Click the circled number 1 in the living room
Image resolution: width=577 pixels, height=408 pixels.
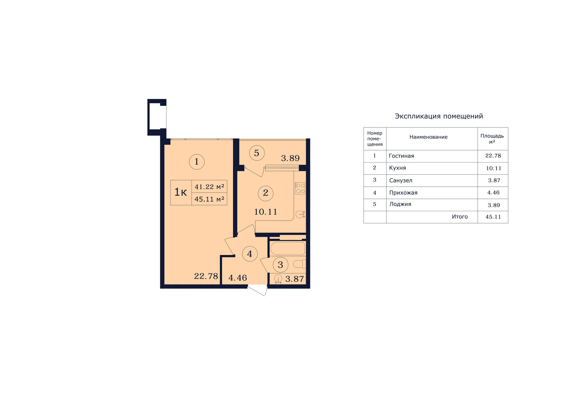pyautogui.click(x=197, y=162)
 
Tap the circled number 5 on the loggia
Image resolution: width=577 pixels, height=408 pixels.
pyautogui.click(x=256, y=153)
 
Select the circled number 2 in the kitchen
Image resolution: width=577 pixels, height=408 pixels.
pyautogui.click(x=266, y=193)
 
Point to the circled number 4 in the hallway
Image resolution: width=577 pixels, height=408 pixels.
pyautogui.click(x=250, y=254)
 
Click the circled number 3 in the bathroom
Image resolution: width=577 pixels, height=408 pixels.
pyautogui.click(x=280, y=265)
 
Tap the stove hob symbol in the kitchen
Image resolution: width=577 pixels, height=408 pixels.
pyautogui.click(x=300, y=188)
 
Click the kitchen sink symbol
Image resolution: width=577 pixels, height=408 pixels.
pyautogui.click(x=300, y=214)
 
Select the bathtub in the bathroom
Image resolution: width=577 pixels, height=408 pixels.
pyautogui.click(x=287, y=248)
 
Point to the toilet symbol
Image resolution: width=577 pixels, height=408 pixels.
pyautogui.click(x=299, y=264)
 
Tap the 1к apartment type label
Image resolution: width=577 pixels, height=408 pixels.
pyautogui.click(x=181, y=192)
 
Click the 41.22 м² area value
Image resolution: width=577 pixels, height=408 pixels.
pyautogui.click(x=210, y=186)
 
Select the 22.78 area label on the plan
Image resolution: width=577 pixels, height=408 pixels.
pyautogui.click(x=206, y=276)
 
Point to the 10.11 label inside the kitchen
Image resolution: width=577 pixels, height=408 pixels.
pyautogui.click(x=266, y=212)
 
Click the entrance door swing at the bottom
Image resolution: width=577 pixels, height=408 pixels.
pyautogui.click(x=257, y=290)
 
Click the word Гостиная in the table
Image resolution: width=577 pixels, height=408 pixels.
pyautogui.click(x=401, y=156)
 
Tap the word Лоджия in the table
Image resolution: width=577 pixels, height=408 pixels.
pyautogui.click(x=400, y=204)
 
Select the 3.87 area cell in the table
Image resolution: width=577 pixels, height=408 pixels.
pyautogui.click(x=494, y=180)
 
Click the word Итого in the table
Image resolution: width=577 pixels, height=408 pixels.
pyautogui.click(x=460, y=217)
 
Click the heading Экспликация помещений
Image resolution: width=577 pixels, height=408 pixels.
pyautogui.click(x=439, y=116)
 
